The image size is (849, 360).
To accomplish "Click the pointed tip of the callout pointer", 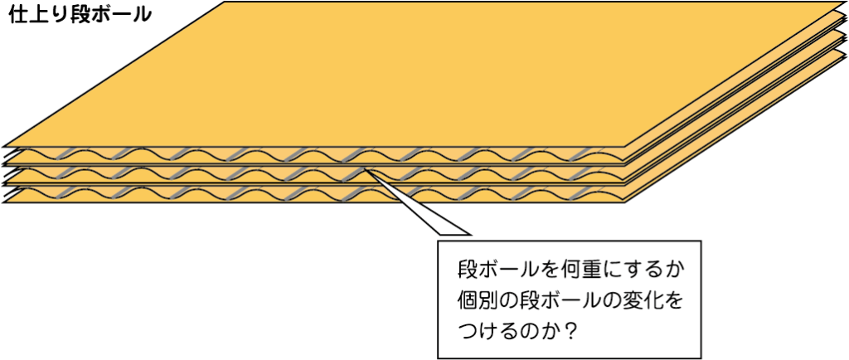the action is coord(366,170).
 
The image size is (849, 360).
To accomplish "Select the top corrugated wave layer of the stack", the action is coord(314,155).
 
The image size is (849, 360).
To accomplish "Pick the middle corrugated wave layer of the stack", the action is coord(314,174).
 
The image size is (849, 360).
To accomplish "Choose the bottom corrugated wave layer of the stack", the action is coord(314,193).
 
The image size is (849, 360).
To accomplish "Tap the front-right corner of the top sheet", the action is coord(626,147).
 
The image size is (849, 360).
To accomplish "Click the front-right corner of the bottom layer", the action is coord(626,202).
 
